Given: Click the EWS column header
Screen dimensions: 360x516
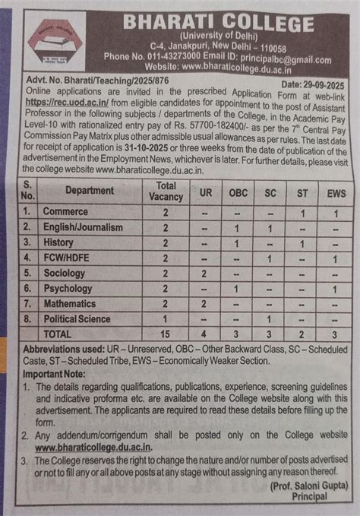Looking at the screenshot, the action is (334, 193).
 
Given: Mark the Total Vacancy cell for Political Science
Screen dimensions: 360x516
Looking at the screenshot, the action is (166, 319).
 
